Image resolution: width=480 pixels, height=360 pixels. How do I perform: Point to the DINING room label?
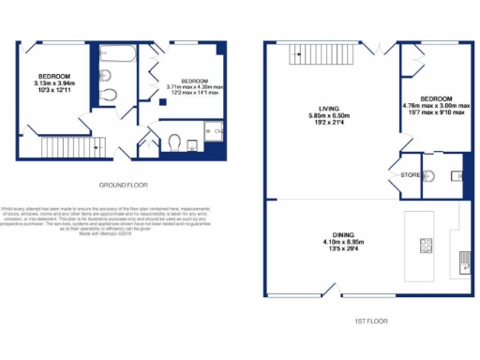(x=329, y=235)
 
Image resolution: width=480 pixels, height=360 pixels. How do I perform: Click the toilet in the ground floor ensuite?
(x=174, y=142)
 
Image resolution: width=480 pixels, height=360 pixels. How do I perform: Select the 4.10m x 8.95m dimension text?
(x=329, y=244)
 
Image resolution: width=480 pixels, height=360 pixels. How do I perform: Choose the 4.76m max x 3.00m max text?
(x=436, y=107)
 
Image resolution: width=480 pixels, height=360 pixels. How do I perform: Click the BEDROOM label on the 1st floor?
(x=436, y=98)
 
